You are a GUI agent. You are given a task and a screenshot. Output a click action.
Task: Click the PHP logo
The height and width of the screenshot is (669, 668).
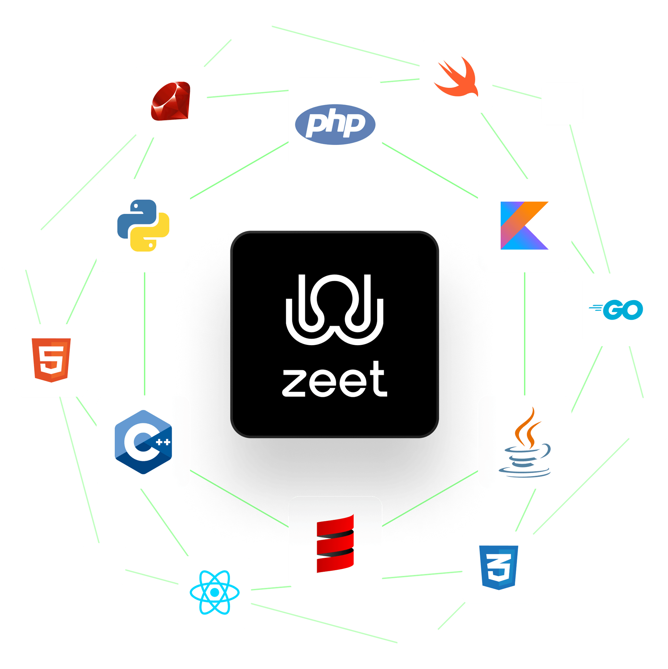tap(335, 124)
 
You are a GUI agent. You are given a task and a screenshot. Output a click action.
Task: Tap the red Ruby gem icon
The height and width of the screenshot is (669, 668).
tap(171, 101)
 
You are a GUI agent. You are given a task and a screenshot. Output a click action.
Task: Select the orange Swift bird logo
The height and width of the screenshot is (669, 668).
tap(456, 77)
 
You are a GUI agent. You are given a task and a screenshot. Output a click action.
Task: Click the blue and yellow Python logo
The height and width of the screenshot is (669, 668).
tap(143, 225)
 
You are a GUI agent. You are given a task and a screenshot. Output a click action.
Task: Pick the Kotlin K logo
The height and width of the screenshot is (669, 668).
tap(524, 225)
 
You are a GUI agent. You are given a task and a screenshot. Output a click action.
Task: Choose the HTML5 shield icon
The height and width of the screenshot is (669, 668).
tap(51, 360)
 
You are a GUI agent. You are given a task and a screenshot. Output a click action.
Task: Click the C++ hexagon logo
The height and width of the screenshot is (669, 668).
tap(143, 442)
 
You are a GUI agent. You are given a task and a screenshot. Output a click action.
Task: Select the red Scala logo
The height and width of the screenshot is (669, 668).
tap(335, 543)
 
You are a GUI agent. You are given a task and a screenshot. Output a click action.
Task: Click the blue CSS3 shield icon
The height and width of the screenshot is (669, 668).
tap(498, 568)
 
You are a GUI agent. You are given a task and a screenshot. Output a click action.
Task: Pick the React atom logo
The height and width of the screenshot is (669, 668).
tap(214, 593)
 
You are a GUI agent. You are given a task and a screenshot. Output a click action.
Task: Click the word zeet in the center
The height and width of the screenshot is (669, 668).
tap(334, 380)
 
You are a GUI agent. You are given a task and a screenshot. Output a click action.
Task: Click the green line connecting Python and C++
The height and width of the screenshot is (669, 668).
tap(144, 334)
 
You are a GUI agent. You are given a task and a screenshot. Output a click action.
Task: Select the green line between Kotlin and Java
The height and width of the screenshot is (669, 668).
tap(525, 334)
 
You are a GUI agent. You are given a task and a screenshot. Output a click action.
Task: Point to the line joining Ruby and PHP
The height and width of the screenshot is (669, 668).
tap(248, 94)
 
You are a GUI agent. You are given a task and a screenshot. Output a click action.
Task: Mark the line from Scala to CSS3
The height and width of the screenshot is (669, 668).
tap(422, 575)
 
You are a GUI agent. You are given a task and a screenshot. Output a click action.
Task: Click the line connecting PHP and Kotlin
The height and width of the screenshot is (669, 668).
tap(430, 171)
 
